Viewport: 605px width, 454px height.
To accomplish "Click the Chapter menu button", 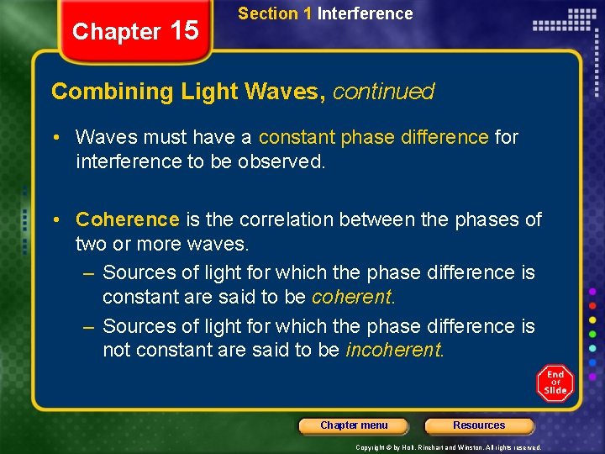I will (x=354, y=425).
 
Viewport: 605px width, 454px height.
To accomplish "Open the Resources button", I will (x=479, y=425).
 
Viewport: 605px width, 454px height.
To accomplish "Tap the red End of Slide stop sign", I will (x=555, y=383).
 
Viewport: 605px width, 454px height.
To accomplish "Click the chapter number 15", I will (x=183, y=31).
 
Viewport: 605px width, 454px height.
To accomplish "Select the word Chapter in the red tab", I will (x=116, y=32).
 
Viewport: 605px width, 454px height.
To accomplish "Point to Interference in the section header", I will (x=365, y=13).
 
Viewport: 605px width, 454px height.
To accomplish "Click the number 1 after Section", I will (x=308, y=13).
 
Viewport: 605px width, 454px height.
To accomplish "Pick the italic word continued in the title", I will (x=383, y=92).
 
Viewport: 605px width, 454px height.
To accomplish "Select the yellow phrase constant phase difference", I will (x=373, y=136).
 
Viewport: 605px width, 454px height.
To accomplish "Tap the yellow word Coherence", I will (x=128, y=219).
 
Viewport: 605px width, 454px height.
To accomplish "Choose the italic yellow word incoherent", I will (x=394, y=350).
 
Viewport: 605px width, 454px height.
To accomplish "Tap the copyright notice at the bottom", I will (x=448, y=447).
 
